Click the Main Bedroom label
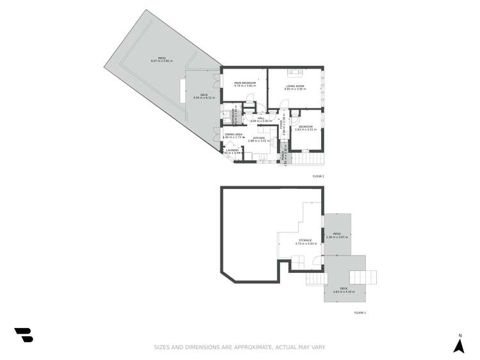pyautogui.click(x=245, y=83)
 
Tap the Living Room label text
pyautogui.click(x=295, y=86)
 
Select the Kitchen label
pyautogui.click(x=258, y=138)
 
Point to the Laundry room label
pyautogui.click(x=232, y=151)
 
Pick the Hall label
pyautogui.click(x=261, y=118)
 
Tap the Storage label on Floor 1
pyautogui.click(x=304, y=240)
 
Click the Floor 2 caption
pyautogui.click(x=319, y=176)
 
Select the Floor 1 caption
pyautogui.click(x=360, y=313)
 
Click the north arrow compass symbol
pyautogui.click(x=459, y=345)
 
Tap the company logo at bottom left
pyautogui.click(x=24, y=334)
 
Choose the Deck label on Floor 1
pyautogui.click(x=344, y=289)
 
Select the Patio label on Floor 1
pyautogui.click(x=336, y=234)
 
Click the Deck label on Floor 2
pyautogui.click(x=204, y=95)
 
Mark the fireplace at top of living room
pyautogui.click(x=296, y=72)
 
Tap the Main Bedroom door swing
pyautogui.click(x=251, y=97)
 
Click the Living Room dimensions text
pyautogui.click(x=295, y=89)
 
